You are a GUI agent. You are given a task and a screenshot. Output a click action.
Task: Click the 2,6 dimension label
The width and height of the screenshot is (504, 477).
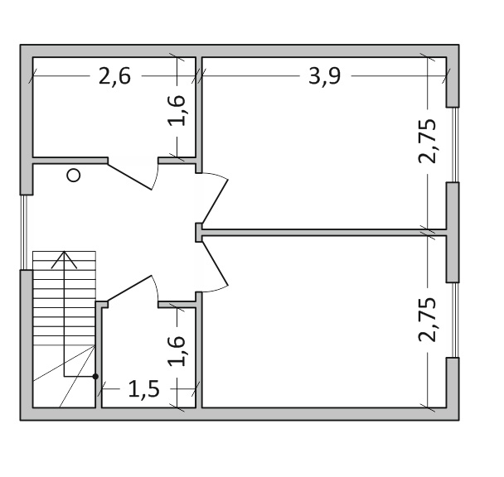(x=114, y=76)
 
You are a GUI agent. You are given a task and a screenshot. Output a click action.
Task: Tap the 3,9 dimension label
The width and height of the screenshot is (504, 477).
(x=324, y=76)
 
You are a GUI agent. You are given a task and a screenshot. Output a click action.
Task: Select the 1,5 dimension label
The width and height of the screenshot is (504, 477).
(x=143, y=389)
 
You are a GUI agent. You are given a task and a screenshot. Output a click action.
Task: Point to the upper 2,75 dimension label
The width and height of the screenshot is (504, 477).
(x=427, y=142)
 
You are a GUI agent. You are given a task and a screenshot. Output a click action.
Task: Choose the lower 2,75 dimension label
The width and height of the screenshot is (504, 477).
(x=427, y=320)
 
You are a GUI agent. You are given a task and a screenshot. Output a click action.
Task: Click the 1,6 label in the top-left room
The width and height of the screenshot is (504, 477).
(x=177, y=110)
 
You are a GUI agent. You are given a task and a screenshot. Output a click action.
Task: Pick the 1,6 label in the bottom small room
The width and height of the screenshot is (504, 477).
(x=177, y=351)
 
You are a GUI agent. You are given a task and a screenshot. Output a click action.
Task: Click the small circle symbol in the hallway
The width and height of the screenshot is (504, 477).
(x=74, y=176)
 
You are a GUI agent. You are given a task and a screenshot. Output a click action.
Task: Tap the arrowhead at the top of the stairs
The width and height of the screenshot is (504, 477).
(x=65, y=259)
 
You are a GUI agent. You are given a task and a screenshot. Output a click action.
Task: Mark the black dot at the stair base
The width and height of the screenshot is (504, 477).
(x=95, y=376)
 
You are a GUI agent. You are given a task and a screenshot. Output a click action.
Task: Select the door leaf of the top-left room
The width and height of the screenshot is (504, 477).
(x=129, y=177)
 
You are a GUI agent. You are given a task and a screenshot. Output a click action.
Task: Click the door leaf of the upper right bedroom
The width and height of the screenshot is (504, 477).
(x=215, y=202)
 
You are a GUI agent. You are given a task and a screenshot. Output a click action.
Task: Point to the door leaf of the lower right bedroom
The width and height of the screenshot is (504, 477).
(x=215, y=263)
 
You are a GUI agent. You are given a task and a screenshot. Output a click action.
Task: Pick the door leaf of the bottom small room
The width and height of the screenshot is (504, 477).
(x=129, y=288)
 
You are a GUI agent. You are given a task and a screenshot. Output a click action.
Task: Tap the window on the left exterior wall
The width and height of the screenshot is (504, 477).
(x=23, y=232)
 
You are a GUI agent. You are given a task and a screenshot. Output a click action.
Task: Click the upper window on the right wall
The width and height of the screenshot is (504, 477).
(x=455, y=145)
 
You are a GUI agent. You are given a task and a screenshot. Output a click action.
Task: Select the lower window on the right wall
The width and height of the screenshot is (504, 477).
(x=455, y=320)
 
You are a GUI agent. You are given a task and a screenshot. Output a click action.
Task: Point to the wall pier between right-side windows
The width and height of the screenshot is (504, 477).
(x=453, y=233)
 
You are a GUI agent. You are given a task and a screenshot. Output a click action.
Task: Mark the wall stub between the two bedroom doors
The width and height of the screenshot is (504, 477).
(x=199, y=233)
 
